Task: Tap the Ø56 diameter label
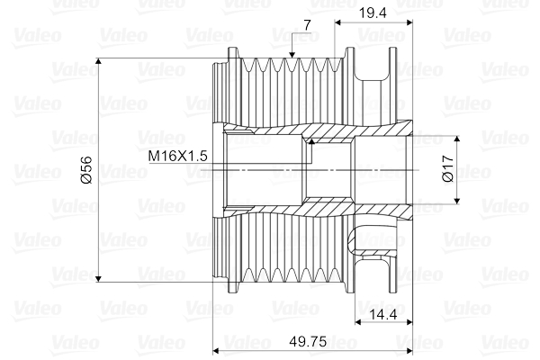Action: (86, 170)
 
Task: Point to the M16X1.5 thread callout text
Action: (178, 156)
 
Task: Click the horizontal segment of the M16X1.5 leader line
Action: (261, 163)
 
